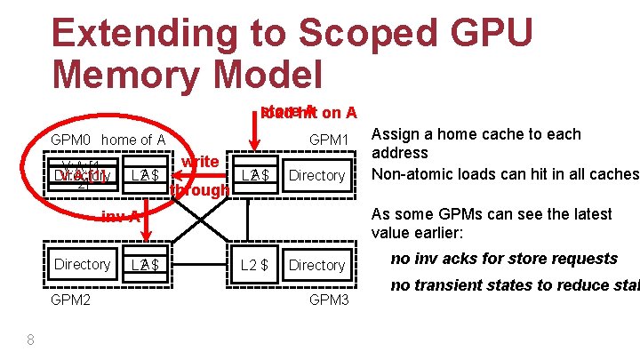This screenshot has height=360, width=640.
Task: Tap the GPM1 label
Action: point(332,140)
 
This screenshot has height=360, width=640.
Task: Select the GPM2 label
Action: point(70,300)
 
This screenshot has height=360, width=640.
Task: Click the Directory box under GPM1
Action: point(316,175)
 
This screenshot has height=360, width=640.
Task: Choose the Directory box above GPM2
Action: point(82,264)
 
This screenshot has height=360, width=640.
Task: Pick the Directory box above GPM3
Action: point(316,265)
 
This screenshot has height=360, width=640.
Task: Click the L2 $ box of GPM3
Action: point(256,265)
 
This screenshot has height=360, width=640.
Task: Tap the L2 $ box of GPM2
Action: point(144,264)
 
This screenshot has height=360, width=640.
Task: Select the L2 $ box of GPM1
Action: point(256,175)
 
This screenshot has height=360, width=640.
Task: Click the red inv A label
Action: point(120,216)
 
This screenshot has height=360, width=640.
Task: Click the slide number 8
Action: point(30,339)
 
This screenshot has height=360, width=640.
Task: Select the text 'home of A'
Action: point(133,140)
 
